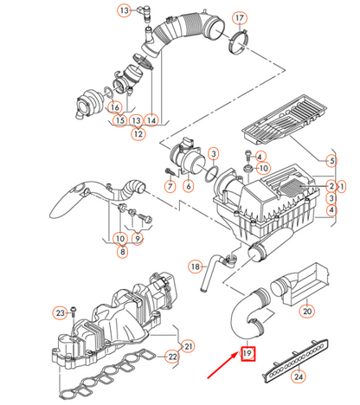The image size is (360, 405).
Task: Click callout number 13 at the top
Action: [124, 10]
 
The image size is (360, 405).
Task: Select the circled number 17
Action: [240, 17]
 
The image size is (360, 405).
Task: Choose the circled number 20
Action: [306, 311]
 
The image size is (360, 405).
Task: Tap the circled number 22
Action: [171, 356]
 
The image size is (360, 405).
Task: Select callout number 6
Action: [188, 186]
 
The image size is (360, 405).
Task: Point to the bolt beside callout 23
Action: [74, 310]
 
